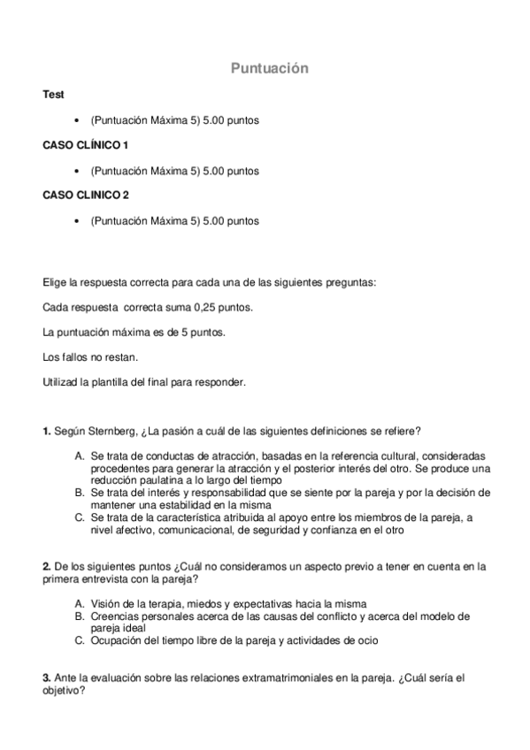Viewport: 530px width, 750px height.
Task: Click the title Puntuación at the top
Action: point(270,68)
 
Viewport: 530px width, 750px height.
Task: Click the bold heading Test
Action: point(52,94)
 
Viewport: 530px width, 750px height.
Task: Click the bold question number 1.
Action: point(46,431)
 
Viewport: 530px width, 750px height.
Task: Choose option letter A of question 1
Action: point(80,455)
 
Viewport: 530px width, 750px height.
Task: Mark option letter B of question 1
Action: point(80,493)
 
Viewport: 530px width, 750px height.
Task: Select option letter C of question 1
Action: point(80,517)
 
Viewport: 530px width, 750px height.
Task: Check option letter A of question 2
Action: point(80,603)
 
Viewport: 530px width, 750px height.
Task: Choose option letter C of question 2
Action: point(80,640)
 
